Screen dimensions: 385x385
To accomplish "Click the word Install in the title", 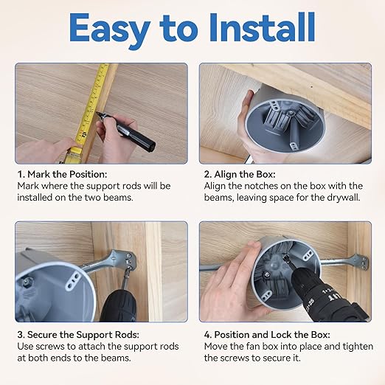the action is tap(262, 27).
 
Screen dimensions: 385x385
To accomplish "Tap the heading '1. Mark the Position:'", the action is tap(62, 174).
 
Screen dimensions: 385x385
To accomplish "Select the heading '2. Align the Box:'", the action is tap(240, 174).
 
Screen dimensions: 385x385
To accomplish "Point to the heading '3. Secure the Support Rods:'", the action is tap(78, 335).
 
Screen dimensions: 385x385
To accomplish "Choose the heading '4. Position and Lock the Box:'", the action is tap(267, 335).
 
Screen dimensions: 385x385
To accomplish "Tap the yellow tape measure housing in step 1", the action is tap(74, 154).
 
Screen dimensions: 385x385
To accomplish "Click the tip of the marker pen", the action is tap(97, 113).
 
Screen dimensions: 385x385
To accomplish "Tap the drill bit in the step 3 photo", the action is tap(126, 277).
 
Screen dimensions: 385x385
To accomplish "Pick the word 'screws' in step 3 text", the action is tap(51, 347).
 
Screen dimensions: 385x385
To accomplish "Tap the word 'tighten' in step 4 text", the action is tap(358, 347).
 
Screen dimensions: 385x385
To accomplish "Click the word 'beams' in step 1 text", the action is tap(118, 198).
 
